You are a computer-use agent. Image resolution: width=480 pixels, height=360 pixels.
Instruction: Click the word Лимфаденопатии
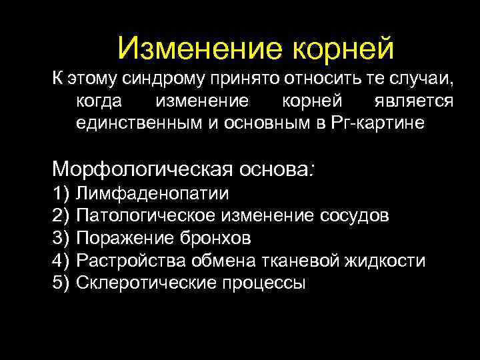click(153, 194)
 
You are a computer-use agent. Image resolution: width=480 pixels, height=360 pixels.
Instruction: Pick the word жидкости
click(387, 260)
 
